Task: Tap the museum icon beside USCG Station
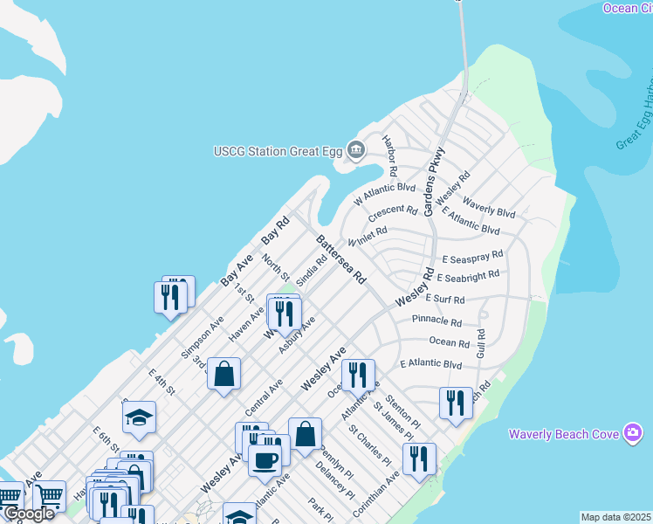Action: pos(355,150)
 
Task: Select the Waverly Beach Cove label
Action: pos(564,433)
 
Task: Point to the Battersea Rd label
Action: pos(340,259)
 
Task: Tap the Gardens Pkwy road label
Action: pos(434,182)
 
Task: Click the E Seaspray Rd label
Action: pos(472,258)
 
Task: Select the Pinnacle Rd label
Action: pos(436,321)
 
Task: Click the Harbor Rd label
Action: pos(390,155)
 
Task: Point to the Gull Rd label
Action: pos(480,343)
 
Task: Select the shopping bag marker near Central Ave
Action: pos(224,373)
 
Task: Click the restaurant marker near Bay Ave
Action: pos(170,296)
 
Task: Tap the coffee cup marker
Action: pos(265,459)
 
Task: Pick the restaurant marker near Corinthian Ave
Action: pos(419,458)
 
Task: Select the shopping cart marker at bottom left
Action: pos(48,496)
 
